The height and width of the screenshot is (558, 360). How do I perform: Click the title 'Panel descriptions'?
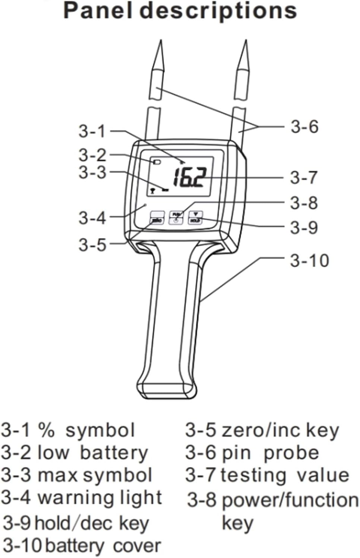(x=180, y=11)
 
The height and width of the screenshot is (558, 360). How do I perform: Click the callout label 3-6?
(x=304, y=127)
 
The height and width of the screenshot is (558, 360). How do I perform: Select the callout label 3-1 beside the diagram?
(x=92, y=131)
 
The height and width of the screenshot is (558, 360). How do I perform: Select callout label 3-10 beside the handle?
(x=309, y=260)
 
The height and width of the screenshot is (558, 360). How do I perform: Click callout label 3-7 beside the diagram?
(x=304, y=177)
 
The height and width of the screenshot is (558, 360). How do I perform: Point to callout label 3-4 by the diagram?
(x=92, y=218)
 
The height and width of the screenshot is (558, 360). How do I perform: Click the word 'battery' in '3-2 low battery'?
(x=114, y=453)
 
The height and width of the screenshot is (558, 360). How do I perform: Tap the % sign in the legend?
(x=47, y=430)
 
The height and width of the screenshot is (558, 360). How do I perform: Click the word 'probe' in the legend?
(x=291, y=453)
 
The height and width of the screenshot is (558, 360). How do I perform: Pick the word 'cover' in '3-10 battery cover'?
(x=137, y=546)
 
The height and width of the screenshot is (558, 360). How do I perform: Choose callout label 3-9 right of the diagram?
(x=304, y=227)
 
